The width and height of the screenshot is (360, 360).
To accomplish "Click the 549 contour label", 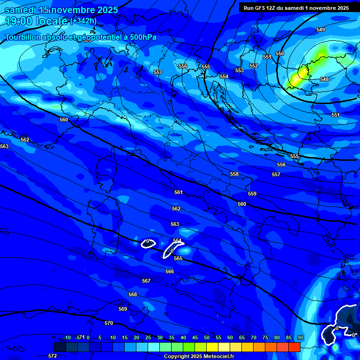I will coord(320,30).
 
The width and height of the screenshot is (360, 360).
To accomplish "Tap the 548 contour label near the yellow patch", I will coord(324,79).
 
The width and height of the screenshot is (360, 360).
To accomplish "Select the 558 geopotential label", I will coord(234,174).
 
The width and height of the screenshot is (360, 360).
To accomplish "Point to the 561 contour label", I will coord(178,192).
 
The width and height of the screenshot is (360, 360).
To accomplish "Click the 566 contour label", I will coord(170,271).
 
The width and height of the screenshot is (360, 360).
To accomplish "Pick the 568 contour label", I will coord(133,294).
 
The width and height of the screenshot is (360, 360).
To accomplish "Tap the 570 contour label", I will coord(109,323).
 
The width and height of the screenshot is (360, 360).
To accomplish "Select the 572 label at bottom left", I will coord(52,356).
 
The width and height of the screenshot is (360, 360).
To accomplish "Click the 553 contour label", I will coord(240,70).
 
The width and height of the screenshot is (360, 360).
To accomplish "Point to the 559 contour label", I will coord(252,194).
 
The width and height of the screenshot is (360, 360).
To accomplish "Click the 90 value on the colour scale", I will coord(300,337).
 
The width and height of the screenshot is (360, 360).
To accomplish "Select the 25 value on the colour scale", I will coord(148,337).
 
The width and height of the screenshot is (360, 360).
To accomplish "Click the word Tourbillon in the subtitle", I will coord(24,37).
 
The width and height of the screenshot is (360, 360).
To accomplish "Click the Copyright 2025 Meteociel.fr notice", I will coord(199,356).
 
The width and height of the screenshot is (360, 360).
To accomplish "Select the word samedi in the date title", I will coord(22,10).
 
